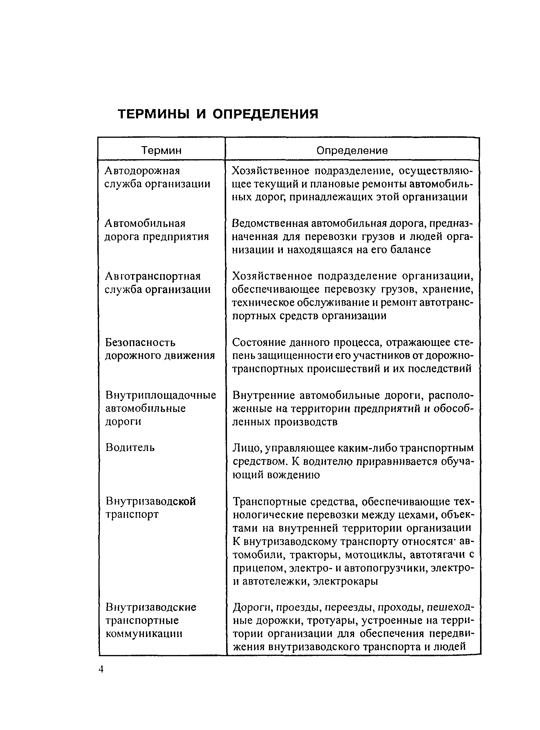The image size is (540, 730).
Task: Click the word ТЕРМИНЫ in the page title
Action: tap(153, 114)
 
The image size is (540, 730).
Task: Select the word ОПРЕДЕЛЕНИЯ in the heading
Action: tap(265, 114)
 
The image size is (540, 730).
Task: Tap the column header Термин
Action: tap(161, 150)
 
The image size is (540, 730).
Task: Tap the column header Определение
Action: tap(352, 150)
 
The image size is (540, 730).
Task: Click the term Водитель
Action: tap(130, 447)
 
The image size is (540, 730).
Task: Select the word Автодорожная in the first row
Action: tap(142, 170)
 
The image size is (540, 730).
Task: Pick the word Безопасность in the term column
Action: tap(140, 342)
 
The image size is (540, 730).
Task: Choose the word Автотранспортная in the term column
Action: tap(152, 276)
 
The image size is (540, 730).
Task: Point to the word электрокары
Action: tap(345, 581)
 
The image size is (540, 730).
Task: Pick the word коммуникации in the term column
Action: tap(144, 634)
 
